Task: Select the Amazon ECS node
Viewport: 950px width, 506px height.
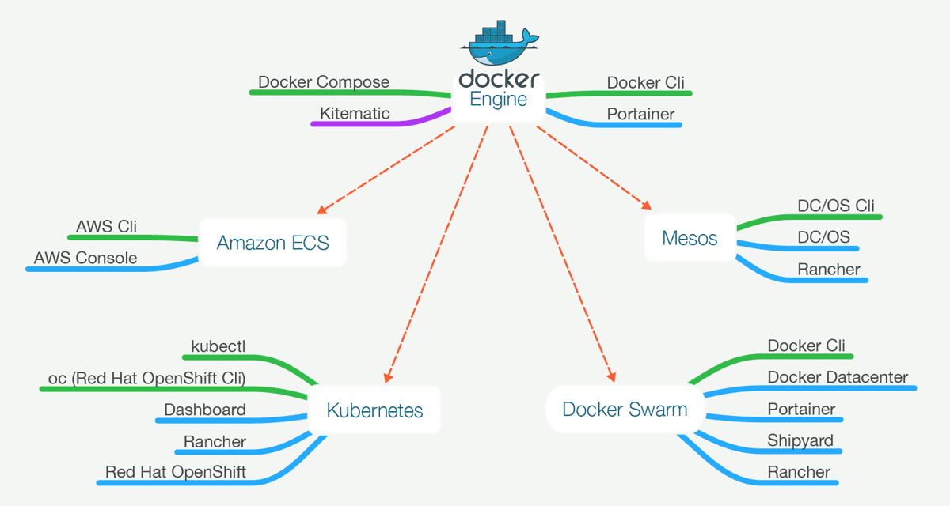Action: [x=272, y=242]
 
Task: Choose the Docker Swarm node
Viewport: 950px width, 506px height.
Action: [x=625, y=409]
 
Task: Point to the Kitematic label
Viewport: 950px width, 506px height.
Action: [x=355, y=113]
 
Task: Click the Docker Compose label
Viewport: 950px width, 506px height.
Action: [x=324, y=82]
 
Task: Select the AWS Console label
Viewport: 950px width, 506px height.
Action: [x=85, y=258]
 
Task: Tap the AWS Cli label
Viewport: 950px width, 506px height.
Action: [x=106, y=227]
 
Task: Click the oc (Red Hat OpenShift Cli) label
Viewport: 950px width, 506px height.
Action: [x=146, y=378]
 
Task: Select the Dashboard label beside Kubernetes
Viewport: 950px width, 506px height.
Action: [x=204, y=410]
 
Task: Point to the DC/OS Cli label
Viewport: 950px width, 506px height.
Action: [x=835, y=206]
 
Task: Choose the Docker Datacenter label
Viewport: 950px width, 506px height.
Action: [x=838, y=377]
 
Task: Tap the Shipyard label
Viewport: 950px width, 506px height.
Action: [x=800, y=440]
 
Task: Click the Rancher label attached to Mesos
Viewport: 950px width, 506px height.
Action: [x=828, y=269]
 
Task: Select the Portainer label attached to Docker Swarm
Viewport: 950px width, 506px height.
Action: [x=801, y=409]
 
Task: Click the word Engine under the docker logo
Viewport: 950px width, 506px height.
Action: [x=499, y=100]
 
